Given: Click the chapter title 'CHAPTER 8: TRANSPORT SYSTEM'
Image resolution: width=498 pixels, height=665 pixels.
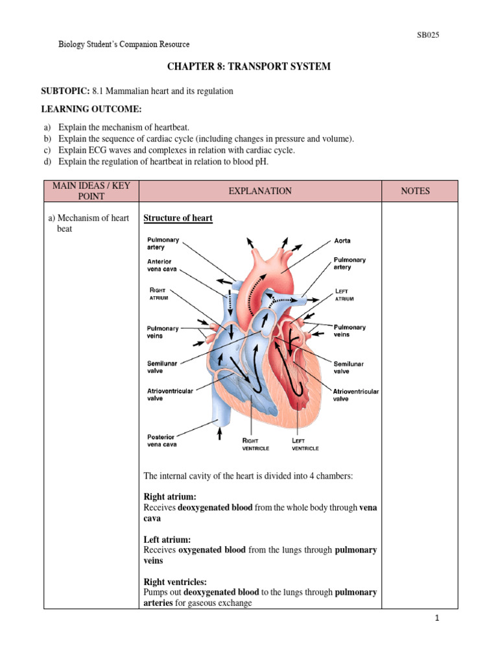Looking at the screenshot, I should (249, 66).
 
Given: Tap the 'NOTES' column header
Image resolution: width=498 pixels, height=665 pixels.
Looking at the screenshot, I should (420, 191).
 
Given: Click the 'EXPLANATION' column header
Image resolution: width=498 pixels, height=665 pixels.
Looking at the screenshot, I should (260, 191).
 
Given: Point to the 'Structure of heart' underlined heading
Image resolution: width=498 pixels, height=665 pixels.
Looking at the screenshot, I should (178, 218).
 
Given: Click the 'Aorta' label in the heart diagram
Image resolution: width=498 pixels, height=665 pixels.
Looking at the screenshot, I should (342, 241).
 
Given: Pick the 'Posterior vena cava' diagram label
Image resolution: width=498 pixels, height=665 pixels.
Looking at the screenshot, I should (161, 440).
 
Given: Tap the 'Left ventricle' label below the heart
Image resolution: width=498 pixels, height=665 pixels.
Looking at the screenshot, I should (304, 444).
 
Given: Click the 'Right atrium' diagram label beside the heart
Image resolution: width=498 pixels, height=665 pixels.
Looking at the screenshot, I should (159, 293).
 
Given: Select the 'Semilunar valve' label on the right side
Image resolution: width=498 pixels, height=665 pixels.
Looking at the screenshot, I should (350, 367).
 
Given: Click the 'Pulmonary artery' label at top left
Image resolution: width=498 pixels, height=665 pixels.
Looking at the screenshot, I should (163, 244).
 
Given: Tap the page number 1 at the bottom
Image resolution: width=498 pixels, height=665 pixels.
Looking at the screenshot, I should (438, 619).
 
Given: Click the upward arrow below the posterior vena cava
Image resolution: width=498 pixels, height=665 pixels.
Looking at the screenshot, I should (220, 431).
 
